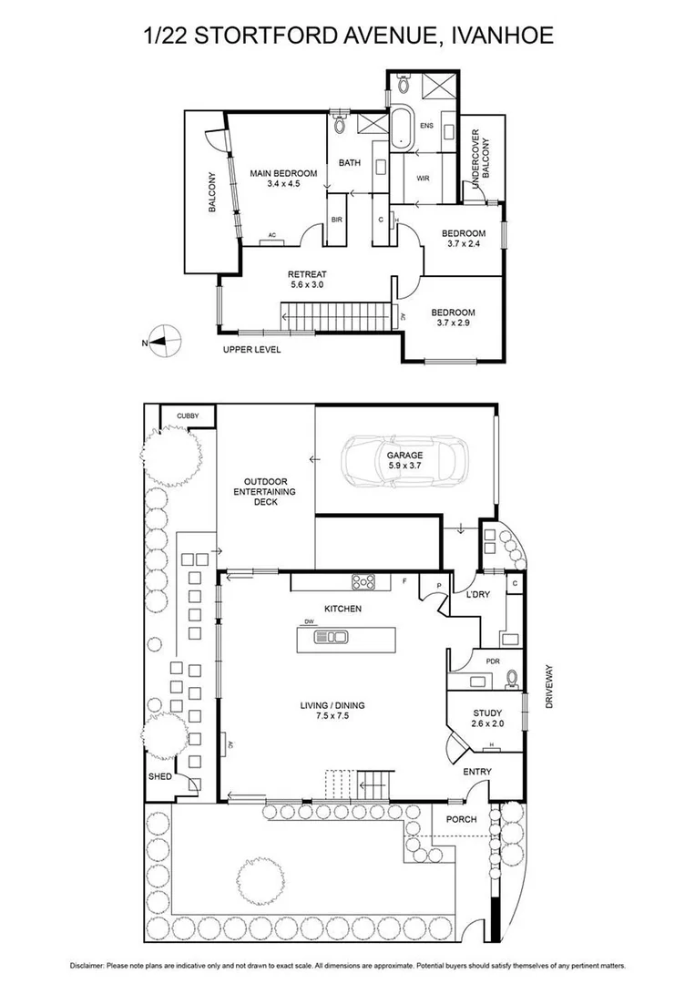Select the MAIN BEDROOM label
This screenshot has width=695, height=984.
tap(284, 173)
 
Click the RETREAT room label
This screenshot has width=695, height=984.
tap(307, 274)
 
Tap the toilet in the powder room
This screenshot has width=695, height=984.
tap(513, 677)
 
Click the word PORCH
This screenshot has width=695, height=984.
tap(461, 818)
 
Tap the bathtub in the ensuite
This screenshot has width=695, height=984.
tap(401, 125)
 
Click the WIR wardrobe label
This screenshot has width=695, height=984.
tap(423, 179)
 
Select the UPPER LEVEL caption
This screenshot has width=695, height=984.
tap(252, 349)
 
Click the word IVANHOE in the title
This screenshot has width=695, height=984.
tap(499, 36)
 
